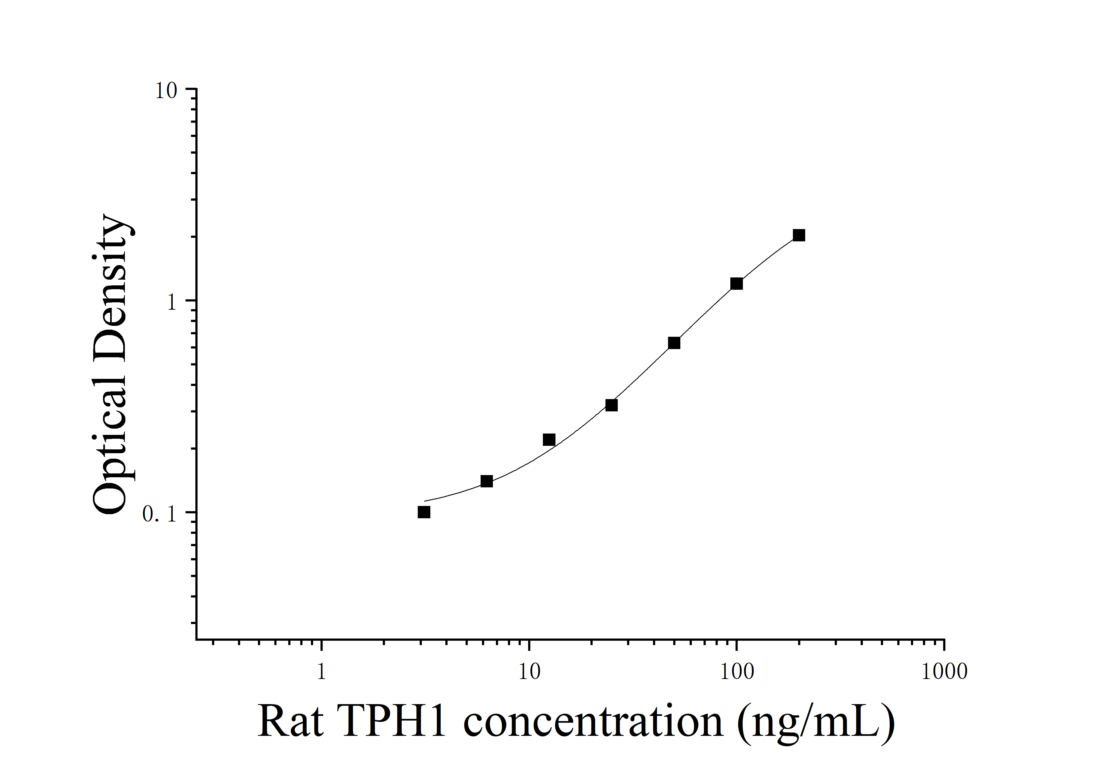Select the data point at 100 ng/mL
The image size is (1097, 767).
[x=737, y=284]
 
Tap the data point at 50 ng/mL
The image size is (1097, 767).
[x=674, y=343]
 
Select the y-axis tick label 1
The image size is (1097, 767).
[x=172, y=303]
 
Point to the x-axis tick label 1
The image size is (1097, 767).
[x=322, y=672]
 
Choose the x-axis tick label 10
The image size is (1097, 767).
[x=529, y=672]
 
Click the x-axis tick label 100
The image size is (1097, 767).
[x=737, y=672]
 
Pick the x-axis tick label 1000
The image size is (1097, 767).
[x=944, y=672]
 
